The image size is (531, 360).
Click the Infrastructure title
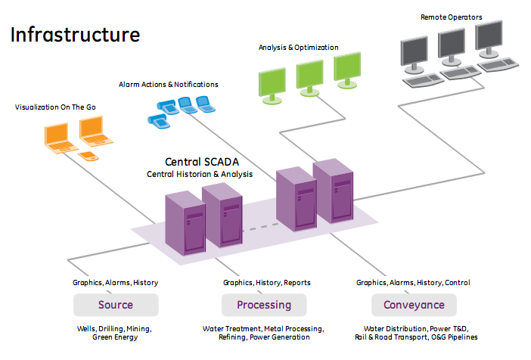click(x=75, y=35)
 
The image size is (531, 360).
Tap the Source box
click(x=116, y=305)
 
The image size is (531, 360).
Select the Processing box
click(x=264, y=305)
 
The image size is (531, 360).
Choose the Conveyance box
click(x=414, y=305)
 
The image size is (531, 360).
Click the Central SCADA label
click(x=202, y=162)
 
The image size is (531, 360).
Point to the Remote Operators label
click(x=452, y=17)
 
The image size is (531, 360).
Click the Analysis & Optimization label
click(x=298, y=48)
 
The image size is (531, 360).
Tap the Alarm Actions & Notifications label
click(x=169, y=84)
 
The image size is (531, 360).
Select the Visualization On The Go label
click(x=55, y=107)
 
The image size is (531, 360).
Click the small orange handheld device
click(x=88, y=156)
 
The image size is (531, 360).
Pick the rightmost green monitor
click(x=347, y=70)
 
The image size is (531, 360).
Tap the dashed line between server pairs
click(x=261, y=227)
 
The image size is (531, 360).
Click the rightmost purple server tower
click(x=334, y=191)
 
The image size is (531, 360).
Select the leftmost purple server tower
click(x=185, y=223)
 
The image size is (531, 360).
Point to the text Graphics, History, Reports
click(x=267, y=282)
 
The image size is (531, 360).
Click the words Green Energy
click(x=115, y=337)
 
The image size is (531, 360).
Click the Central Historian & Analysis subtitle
click(x=200, y=174)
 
